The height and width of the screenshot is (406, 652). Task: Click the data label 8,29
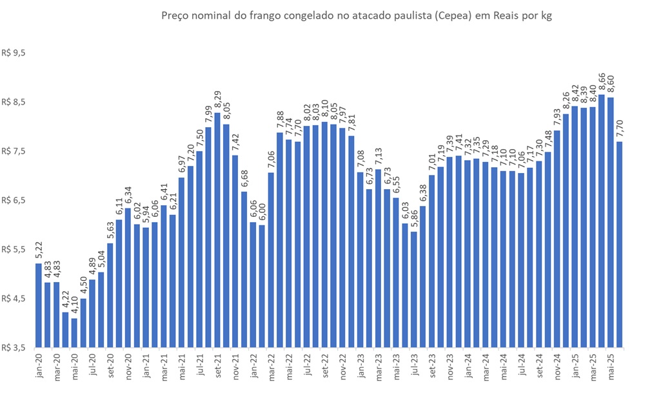[217, 101]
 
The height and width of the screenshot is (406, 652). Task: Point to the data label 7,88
[281, 120]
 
